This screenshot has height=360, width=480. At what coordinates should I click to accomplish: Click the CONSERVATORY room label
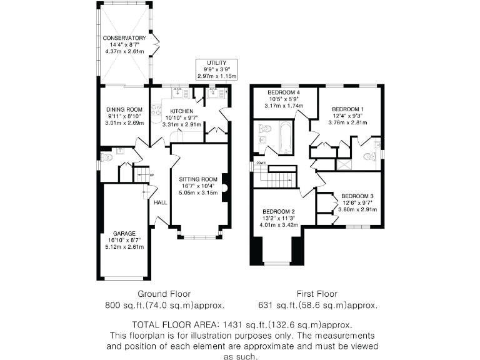[124, 38]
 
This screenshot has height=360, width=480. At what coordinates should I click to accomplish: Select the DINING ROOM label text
[124, 109]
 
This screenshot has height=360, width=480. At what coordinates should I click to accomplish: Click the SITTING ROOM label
[198, 179]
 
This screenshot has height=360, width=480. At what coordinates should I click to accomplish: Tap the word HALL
[160, 202]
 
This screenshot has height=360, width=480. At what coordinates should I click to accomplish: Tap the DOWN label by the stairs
[261, 163]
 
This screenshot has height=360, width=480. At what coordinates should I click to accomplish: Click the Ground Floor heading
[164, 293]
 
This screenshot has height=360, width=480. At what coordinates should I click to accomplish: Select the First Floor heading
[317, 293]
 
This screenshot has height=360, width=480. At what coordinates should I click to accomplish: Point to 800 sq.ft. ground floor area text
[164, 306]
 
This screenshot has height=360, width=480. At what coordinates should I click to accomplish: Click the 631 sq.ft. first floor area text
[317, 306]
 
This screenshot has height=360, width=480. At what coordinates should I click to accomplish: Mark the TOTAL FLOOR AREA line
[241, 325]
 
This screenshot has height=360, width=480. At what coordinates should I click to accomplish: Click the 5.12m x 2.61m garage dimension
[124, 246]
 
